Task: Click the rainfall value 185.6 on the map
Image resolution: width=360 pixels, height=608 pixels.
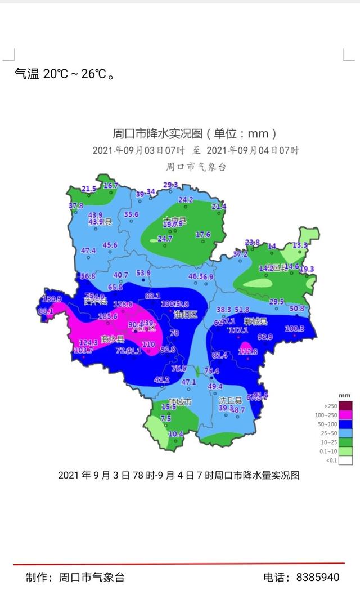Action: (x=107, y=316)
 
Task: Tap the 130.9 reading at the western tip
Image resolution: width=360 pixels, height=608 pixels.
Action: (x=52, y=299)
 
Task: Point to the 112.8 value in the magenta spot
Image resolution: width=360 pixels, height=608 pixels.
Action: (x=247, y=352)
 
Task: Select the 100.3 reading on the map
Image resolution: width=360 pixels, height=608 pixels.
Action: (x=294, y=329)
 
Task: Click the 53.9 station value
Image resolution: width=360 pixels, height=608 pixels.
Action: (x=143, y=273)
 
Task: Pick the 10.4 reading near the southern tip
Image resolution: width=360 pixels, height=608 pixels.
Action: (x=176, y=433)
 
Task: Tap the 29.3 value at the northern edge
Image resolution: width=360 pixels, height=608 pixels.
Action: (x=170, y=185)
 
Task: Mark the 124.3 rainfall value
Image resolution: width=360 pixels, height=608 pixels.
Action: (x=88, y=342)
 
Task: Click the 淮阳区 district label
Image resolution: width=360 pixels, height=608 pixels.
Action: (x=185, y=314)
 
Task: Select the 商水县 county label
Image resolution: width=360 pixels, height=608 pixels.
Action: (x=112, y=339)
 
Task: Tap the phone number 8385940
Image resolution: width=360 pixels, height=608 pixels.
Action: (x=318, y=577)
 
